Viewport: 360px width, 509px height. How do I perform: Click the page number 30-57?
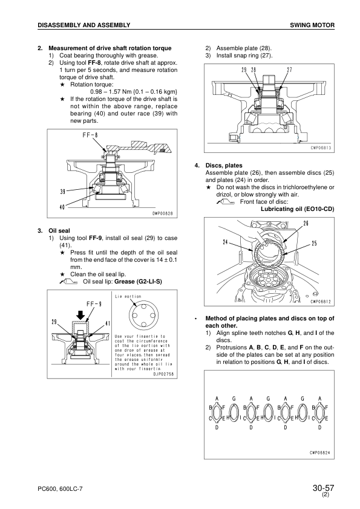point(323,488)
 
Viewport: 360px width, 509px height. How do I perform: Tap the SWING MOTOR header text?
point(312,25)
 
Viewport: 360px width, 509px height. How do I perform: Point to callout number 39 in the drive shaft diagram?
point(63,192)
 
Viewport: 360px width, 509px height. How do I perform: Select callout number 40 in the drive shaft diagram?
point(62,208)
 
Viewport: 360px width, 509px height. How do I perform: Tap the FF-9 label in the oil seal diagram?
point(94,304)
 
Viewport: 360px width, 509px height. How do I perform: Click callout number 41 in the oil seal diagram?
point(108,323)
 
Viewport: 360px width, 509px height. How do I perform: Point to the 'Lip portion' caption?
point(128,296)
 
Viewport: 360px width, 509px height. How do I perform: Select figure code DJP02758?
point(163,374)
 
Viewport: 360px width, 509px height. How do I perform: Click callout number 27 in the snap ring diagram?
point(289,70)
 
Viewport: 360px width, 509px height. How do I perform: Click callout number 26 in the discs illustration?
point(306,223)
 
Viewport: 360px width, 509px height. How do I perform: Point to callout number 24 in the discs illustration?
point(225,242)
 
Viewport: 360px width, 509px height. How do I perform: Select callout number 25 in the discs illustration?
point(314,243)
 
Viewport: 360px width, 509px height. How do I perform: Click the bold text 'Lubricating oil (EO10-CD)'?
point(297,209)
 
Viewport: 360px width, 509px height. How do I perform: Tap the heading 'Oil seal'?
point(59,231)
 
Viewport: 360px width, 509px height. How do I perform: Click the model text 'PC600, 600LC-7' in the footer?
point(60,488)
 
